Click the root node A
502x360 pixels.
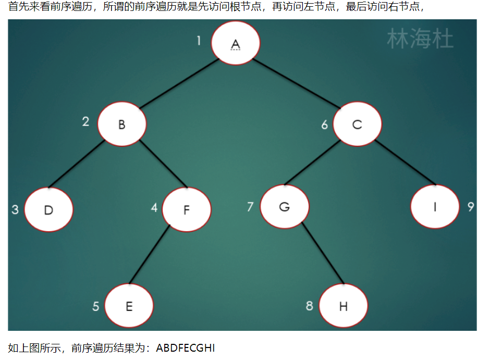(236, 43)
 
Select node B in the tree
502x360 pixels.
(122, 125)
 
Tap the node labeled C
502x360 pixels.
(357, 125)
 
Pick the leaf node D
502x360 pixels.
(48, 210)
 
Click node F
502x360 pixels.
(186, 209)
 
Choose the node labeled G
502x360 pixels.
(284, 206)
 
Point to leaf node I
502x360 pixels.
(435, 206)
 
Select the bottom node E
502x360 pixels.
(129, 306)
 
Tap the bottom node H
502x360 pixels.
(343, 306)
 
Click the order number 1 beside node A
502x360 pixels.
(199, 41)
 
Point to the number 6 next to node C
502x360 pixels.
(324, 125)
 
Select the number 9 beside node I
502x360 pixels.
(471, 207)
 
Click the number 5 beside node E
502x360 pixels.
(96, 306)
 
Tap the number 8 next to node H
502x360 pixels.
(309, 306)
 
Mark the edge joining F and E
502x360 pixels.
(150, 255)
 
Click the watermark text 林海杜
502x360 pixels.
(420, 40)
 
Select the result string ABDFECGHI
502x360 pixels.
(185, 347)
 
